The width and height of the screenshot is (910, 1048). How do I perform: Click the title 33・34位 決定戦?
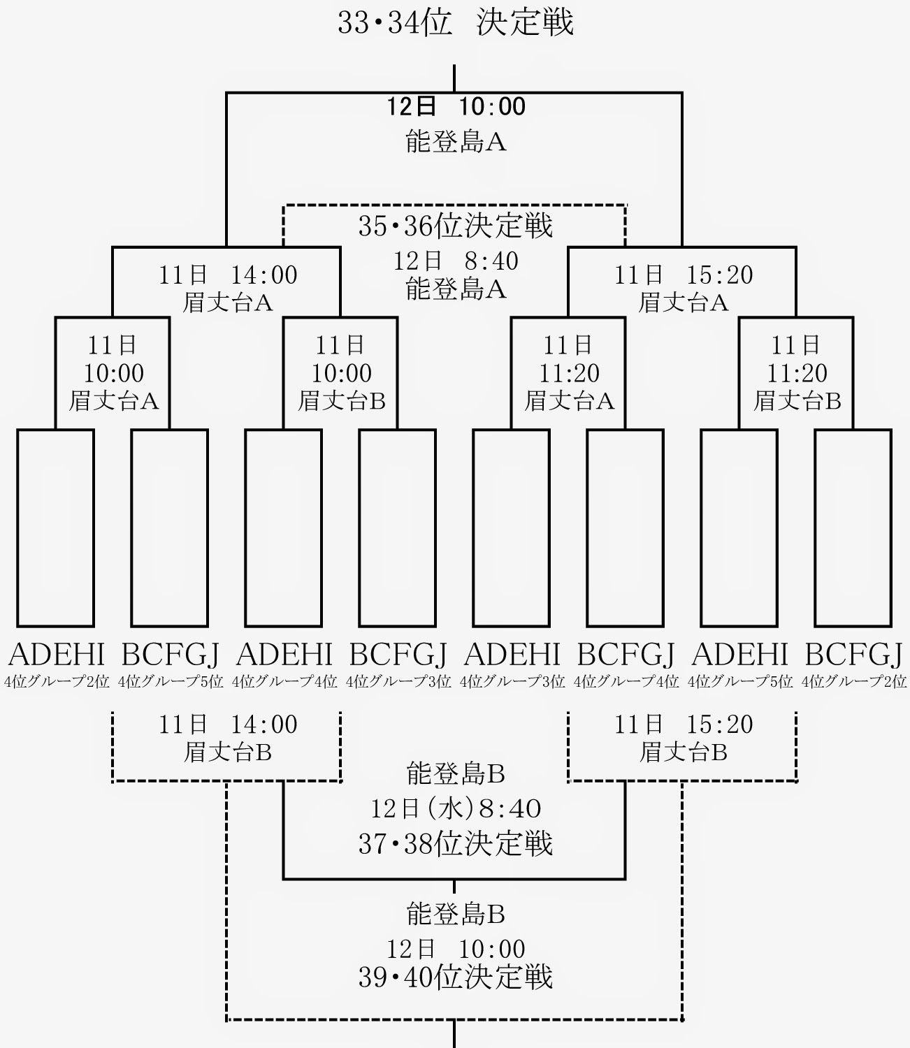tap(456, 22)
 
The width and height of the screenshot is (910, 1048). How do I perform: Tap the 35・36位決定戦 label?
tap(456, 226)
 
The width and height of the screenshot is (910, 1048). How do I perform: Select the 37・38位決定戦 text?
tap(456, 844)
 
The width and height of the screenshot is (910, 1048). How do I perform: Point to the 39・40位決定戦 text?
tap(456, 977)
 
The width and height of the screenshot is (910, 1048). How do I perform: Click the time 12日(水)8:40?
tap(456, 809)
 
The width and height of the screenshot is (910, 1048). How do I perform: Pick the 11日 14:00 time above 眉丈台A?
tap(228, 275)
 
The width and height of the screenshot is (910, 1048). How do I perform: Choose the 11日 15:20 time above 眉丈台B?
tap(684, 725)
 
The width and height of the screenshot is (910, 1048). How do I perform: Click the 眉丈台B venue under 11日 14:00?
tap(228, 752)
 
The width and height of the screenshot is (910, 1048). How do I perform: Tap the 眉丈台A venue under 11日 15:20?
tap(684, 303)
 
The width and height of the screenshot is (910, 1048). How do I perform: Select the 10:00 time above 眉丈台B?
tap(342, 373)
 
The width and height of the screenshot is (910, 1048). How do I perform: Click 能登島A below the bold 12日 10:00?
tap(456, 142)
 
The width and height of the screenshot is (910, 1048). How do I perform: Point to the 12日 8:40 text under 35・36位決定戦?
tap(456, 261)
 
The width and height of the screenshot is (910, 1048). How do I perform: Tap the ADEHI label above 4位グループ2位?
tap(56, 655)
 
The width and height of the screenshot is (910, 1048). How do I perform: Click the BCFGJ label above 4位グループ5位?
tap(170, 655)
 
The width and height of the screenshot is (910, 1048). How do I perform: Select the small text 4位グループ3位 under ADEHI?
tap(512, 681)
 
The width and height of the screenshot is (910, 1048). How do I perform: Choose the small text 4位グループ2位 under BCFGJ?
tap(854, 681)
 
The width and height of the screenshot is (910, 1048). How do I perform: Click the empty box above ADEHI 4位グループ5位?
tap(739, 527)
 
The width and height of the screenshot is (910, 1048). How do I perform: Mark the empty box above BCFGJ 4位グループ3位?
tap(398, 527)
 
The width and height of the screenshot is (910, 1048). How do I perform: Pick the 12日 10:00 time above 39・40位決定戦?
tap(456, 949)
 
